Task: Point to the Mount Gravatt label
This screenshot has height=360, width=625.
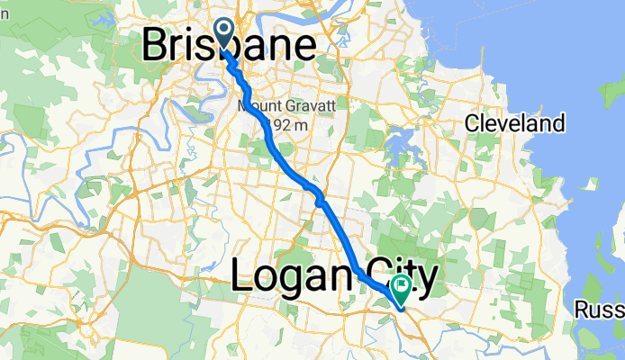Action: coord(286,106)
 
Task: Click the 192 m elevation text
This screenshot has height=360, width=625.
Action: coord(286,126)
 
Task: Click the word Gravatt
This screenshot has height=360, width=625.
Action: coord(312,106)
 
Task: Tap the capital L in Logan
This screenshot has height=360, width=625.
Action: coord(243,275)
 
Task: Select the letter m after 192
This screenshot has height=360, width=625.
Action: coord(302,126)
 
